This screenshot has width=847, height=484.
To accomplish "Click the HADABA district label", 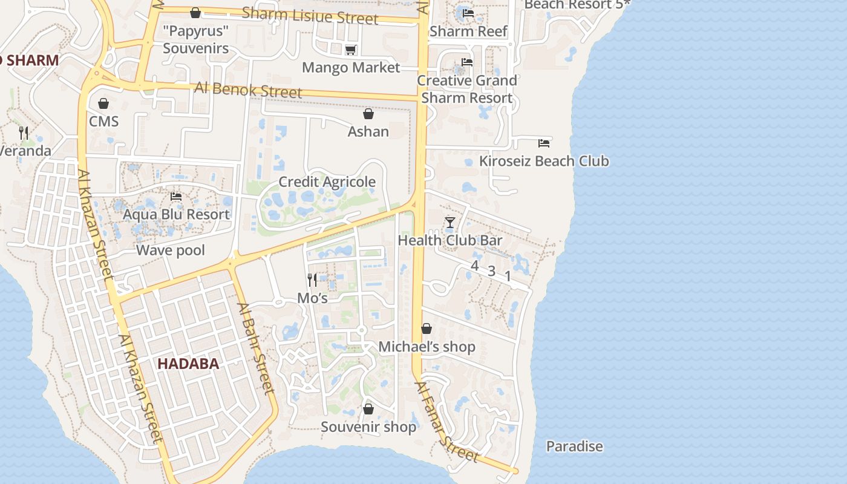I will coord(188,364).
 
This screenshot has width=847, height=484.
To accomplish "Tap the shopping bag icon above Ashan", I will coord(368,114).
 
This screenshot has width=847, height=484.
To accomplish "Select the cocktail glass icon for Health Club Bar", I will coord(450,223).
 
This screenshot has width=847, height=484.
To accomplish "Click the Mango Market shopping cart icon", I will coord(350,50).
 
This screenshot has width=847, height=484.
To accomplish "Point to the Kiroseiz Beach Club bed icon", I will coord(544,143).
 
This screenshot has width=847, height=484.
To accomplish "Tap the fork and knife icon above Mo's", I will coord(312,280).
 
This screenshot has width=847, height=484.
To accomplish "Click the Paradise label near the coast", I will coord(574,446).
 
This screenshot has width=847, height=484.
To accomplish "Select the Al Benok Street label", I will coord(248,90).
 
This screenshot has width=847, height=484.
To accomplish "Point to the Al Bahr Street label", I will coord(257,348).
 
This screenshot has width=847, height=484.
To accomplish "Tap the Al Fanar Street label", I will coord(447,421).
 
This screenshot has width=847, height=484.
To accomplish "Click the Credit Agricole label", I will coord(327,182).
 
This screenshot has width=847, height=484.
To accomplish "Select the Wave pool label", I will coord(171,250).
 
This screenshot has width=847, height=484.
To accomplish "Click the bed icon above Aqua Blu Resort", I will coord(176,197).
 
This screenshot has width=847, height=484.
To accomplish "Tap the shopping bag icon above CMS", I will coord(103,103).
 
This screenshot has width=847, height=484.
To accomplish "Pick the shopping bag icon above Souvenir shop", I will coord(368,410).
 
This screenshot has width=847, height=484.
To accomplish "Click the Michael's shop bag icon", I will coord(427,329).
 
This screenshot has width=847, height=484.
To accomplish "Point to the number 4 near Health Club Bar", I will coord(475,266).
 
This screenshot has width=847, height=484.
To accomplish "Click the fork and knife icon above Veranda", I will coord(24,132).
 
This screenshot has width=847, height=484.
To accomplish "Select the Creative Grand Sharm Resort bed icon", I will coord(466,62).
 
